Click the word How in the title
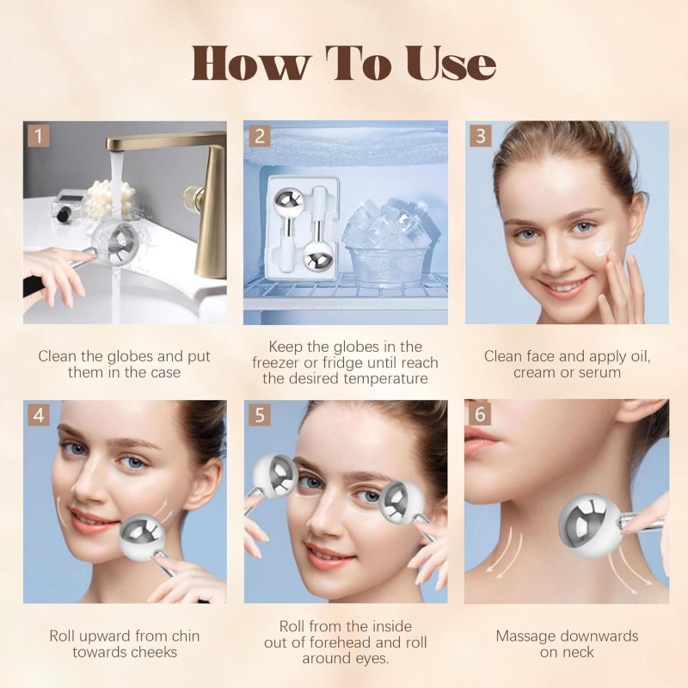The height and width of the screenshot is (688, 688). (250, 64)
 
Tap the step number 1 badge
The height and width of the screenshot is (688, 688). (37, 135)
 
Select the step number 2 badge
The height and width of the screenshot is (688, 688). (258, 135)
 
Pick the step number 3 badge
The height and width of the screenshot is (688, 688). (480, 135)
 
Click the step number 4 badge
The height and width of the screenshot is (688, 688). (37, 414)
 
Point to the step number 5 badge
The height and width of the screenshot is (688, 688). (258, 414)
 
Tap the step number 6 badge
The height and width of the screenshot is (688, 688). (480, 414)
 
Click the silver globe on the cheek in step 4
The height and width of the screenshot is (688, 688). (142, 535)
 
